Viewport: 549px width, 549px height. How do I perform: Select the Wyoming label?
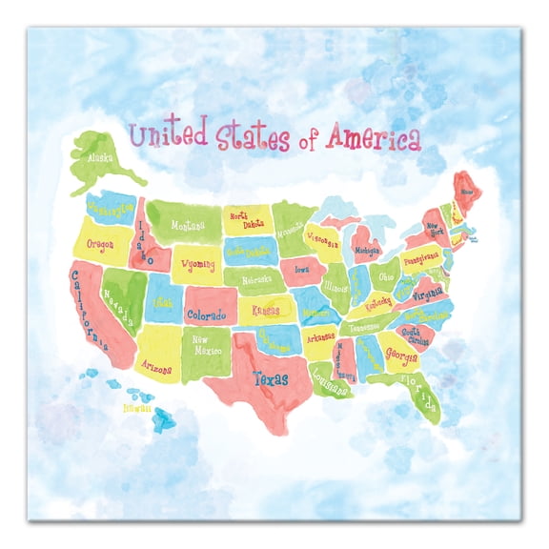tap(198, 263)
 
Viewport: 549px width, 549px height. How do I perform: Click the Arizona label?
tap(157, 367)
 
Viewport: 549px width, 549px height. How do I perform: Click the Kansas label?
tap(265, 310)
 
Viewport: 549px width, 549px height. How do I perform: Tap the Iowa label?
tap(303, 270)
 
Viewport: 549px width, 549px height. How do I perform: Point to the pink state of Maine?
tap(467, 191)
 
